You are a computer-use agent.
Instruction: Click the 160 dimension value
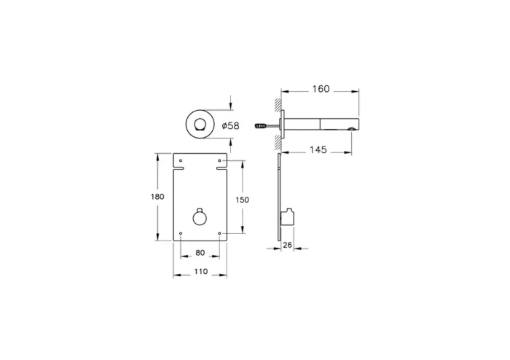pyautogui.click(x=320, y=89)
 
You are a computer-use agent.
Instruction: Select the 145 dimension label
pyautogui.click(x=316, y=150)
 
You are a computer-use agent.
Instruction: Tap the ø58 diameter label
pyautogui.click(x=230, y=126)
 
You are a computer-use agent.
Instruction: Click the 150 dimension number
pyautogui.click(x=243, y=200)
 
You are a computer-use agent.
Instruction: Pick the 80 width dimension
pyautogui.click(x=200, y=254)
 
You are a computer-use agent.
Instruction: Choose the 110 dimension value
pyautogui.click(x=200, y=271)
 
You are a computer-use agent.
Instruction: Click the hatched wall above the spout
pyautogui.click(x=277, y=102)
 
